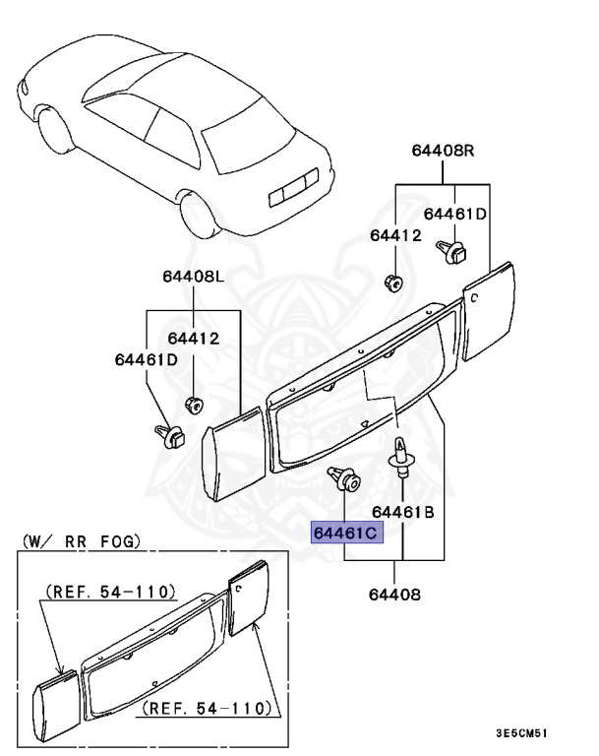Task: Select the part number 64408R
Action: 443,150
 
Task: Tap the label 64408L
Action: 194,277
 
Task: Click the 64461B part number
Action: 403,513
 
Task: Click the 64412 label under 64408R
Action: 395,235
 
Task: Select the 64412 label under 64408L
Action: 193,339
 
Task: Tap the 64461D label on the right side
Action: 455,214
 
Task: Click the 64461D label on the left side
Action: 145,358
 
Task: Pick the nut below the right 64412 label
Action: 392,283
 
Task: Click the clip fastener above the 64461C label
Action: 343,479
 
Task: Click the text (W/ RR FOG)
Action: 81,541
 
